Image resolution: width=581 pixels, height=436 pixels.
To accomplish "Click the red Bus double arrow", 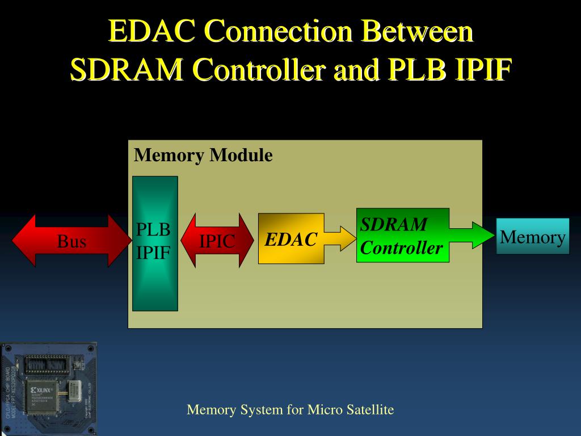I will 71,241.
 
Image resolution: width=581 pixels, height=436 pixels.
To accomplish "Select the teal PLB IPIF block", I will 155,243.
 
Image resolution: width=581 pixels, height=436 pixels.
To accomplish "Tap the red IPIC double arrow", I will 217,241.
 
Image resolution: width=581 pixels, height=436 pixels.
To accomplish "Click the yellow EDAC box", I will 291,239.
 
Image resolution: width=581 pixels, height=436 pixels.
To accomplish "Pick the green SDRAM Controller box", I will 402,236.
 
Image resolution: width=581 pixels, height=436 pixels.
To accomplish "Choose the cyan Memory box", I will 533,236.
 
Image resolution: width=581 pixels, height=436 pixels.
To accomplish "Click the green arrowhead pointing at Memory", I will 483,236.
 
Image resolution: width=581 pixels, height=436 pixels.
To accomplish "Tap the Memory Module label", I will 203,156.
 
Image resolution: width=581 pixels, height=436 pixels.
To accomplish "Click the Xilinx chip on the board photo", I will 43,392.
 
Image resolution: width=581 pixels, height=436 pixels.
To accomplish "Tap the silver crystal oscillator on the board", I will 74,390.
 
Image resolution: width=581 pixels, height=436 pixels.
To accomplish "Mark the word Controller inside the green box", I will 402,248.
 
